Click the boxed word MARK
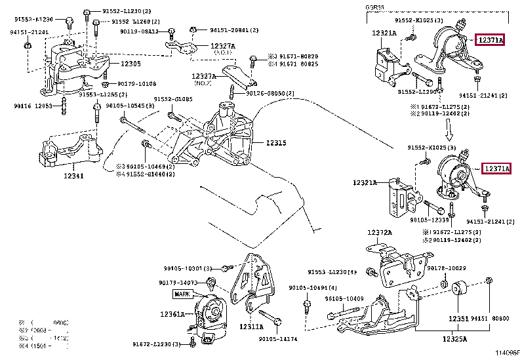tap(182, 294)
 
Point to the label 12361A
tap(172, 314)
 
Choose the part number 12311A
tap(252, 326)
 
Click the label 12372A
tap(380, 232)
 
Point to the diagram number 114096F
tap(507, 353)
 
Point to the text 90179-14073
tap(178, 283)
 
